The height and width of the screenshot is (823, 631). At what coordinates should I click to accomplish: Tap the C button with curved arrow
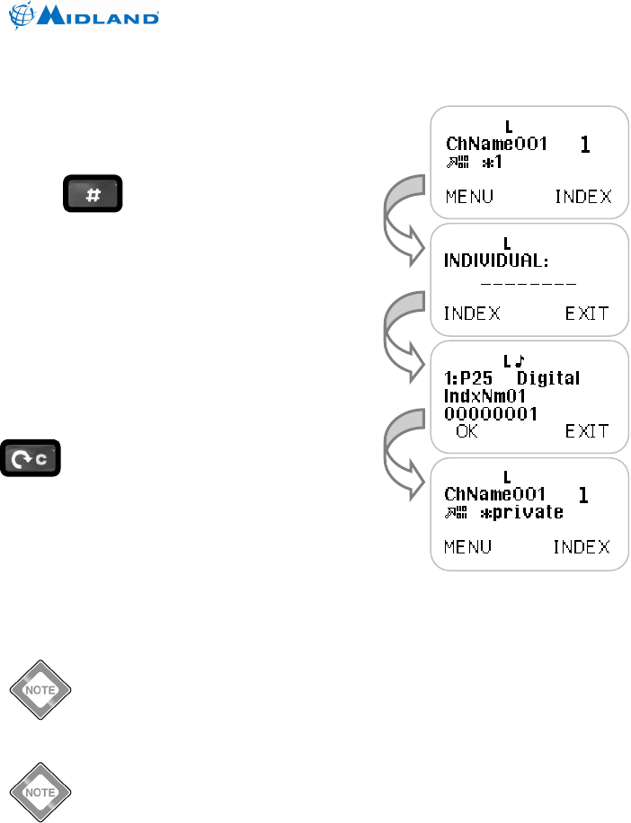coord(31,459)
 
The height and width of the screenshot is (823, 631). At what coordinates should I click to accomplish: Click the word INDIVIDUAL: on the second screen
coord(497,261)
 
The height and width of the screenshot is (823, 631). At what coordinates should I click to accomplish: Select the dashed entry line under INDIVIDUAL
coord(528,282)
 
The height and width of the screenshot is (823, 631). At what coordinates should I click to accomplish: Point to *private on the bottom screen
coord(522,512)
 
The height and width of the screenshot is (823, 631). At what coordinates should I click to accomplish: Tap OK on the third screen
coord(467,431)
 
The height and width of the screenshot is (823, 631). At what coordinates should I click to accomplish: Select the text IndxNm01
coord(485,396)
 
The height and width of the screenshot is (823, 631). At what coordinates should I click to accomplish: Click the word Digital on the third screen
coord(548,378)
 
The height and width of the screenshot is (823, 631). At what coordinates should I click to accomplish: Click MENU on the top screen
coord(469,197)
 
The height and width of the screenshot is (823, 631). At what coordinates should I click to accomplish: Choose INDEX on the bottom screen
coord(581,547)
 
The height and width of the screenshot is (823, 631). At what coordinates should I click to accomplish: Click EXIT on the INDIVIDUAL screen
coord(587,314)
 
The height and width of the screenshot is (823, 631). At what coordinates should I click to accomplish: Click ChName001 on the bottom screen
coord(496,495)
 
